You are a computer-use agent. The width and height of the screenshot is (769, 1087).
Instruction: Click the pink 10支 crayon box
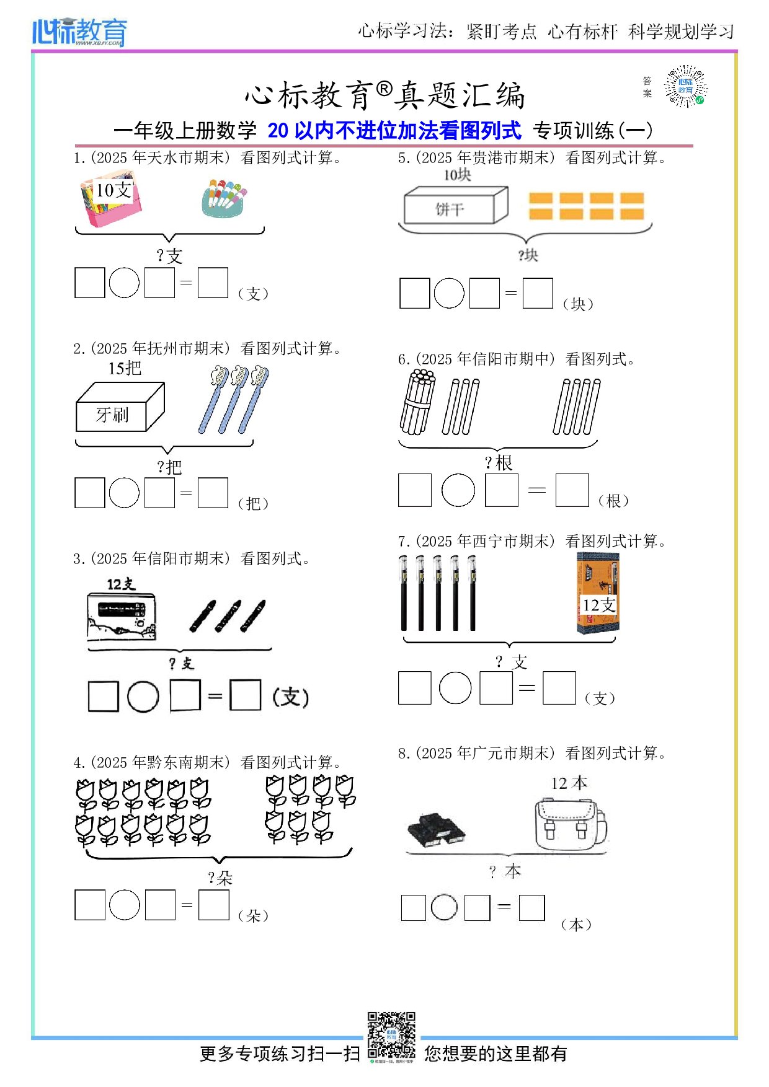111,201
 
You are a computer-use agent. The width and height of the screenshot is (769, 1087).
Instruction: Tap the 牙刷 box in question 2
119,408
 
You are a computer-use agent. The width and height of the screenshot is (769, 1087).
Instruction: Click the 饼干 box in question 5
455,206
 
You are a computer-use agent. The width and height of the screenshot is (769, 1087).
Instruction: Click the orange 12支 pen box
598,593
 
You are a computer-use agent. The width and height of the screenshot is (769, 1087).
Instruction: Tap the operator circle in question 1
124,283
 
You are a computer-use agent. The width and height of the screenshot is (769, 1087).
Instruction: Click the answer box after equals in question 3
245,695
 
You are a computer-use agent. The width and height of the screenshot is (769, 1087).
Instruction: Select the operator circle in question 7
455,688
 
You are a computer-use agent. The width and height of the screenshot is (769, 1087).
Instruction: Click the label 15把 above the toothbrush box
125,368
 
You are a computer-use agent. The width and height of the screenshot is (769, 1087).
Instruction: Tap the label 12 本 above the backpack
569,783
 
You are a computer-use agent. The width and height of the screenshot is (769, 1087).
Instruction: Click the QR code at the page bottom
391,1036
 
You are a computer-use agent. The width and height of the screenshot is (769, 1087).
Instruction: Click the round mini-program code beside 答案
685,86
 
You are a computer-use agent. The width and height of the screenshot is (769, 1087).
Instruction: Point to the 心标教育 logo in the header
79,32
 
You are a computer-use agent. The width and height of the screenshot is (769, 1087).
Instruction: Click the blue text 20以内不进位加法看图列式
394,130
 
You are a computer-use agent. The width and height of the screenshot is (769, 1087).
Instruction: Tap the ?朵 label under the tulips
220,878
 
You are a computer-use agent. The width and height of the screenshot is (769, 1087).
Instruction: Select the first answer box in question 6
414,490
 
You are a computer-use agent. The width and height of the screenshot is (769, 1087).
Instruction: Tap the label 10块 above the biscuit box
457,175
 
